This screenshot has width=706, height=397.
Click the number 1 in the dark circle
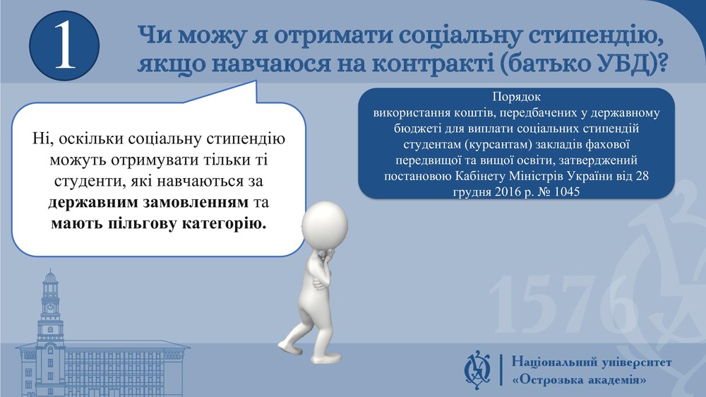(x=64, y=46)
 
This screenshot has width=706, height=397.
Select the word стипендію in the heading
(x=596, y=35)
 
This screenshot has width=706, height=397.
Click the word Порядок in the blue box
(x=516, y=97)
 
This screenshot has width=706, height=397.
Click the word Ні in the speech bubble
(x=39, y=138)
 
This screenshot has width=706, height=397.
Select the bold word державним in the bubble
(x=93, y=202)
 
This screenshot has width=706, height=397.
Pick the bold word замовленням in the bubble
(x=196, y=202)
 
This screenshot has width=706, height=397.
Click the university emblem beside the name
(x=478, y=370)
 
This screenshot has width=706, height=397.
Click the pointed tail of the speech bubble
(x=256, y=81)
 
